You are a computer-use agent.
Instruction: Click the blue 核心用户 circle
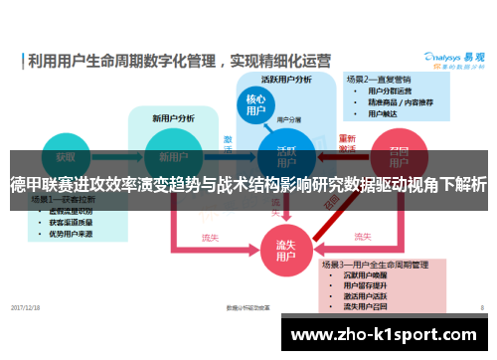[255, 106]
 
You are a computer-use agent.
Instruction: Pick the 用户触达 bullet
[384, 113]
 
